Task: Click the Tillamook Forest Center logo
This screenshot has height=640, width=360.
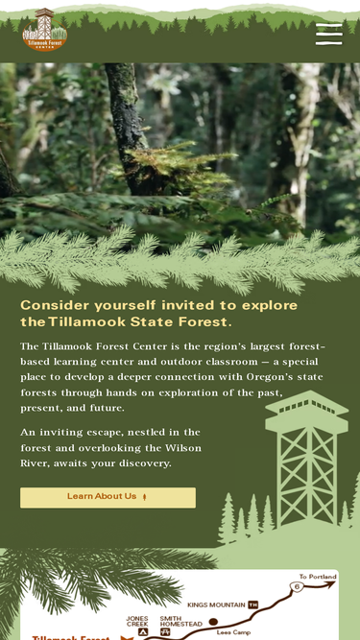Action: (x=44, y=30)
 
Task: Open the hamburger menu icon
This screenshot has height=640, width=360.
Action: (x=329, y=35)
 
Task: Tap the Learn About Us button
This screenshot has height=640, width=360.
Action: (x=108, y=498)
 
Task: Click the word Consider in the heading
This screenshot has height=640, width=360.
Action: (x=55, y=305)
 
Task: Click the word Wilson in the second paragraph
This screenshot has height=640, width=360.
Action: (x=183, y=448)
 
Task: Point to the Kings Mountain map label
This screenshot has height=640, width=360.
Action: (x=216, y=604)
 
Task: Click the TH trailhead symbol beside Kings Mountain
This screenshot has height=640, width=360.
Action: (x=253, y=604)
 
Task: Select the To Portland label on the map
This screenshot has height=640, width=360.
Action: (x=318, y=577)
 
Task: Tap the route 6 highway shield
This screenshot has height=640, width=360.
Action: (x=297, y=587)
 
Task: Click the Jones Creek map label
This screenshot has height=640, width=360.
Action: (x=137, y=621)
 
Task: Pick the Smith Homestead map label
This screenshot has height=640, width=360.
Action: (x=180, y=621)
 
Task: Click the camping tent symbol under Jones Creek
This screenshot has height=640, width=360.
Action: (x=142, y=632)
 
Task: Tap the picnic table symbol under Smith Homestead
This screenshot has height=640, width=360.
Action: (x=165, y=631)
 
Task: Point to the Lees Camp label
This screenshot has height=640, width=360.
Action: (x=233, y=632)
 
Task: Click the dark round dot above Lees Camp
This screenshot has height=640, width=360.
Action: (x=213, y=622)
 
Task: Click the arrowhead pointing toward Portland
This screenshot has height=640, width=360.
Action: (x=329, y=584)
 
